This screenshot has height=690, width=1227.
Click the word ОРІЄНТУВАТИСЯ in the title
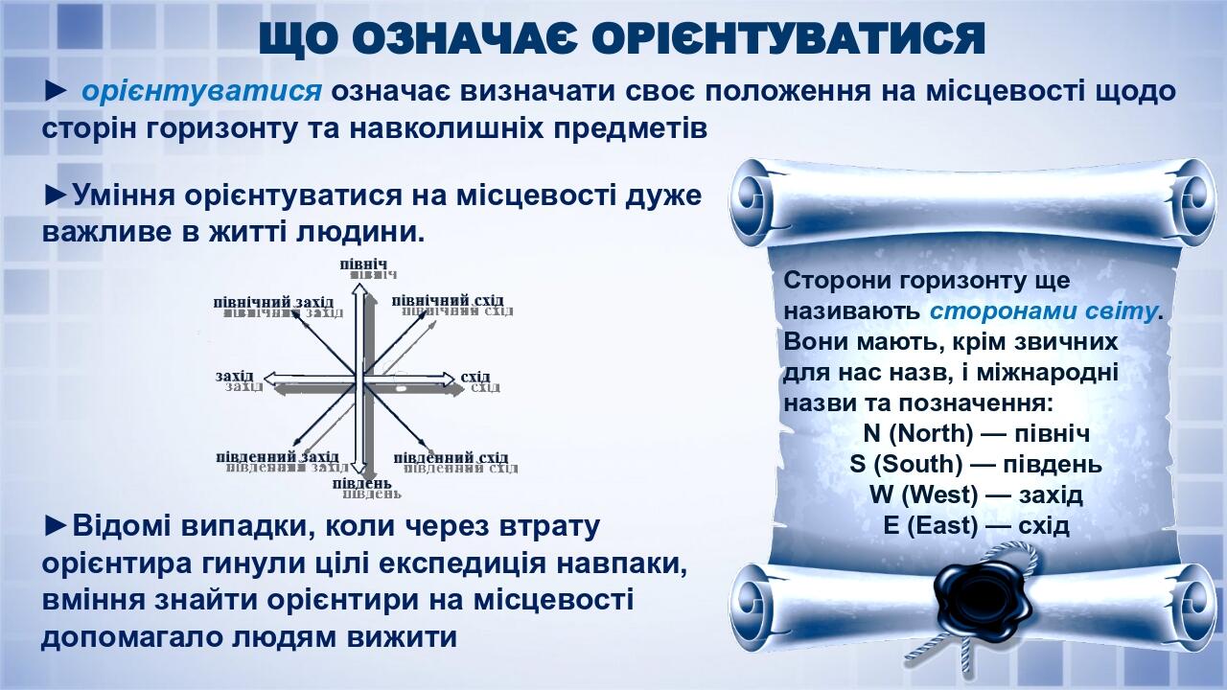(x=788, y=37)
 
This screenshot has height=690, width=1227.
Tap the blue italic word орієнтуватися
(x=201, y=92)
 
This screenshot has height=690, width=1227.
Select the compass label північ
(x=363, y=264)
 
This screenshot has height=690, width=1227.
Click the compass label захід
(x=234, y=376)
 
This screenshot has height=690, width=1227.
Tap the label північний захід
(x=273, y=302)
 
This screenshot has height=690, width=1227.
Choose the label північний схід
(x=448, y=301)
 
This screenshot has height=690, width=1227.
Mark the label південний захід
(x=277, y=457)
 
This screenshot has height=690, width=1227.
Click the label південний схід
(x=451, y=457)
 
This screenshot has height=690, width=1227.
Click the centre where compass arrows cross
(x=361, y=376)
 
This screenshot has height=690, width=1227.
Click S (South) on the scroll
(x=905, y=465)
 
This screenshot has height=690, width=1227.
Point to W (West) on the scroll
(x=923, y=495)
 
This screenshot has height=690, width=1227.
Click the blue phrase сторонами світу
(x=1043, y=311)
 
